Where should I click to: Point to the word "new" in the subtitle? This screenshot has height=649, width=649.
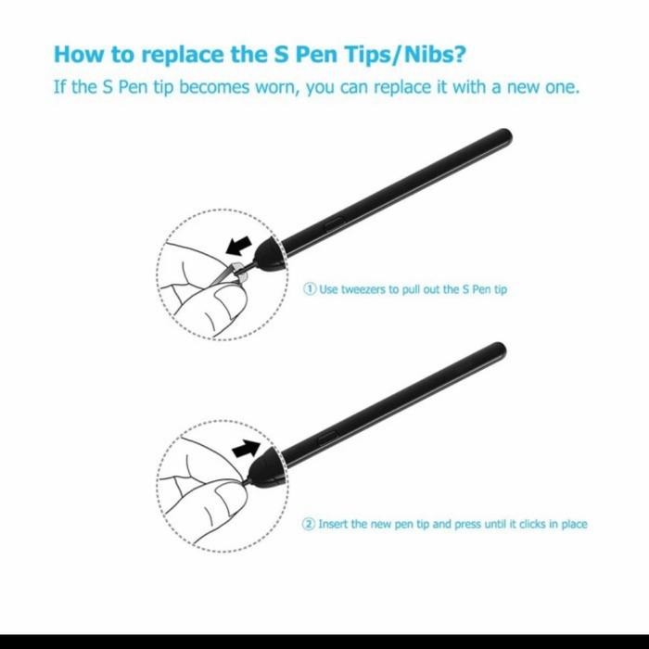[x=532, y=88]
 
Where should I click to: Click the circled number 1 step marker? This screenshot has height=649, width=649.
[x=311, y=289]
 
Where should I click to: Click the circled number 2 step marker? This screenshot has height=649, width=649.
[x=310, y=524]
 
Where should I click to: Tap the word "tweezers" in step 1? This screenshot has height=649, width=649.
[x=366, y=289]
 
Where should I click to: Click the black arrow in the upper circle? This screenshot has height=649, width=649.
[x=238, y=246]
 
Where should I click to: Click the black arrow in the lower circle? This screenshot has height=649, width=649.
[x=245, y=450]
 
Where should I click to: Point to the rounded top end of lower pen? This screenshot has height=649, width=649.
[x=500, y=350]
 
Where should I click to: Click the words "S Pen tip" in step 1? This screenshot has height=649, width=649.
[x=484, y=289]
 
